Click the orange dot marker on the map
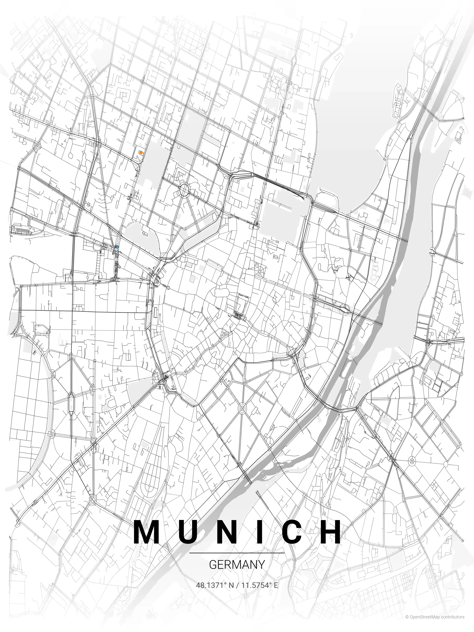coord(141,153)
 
